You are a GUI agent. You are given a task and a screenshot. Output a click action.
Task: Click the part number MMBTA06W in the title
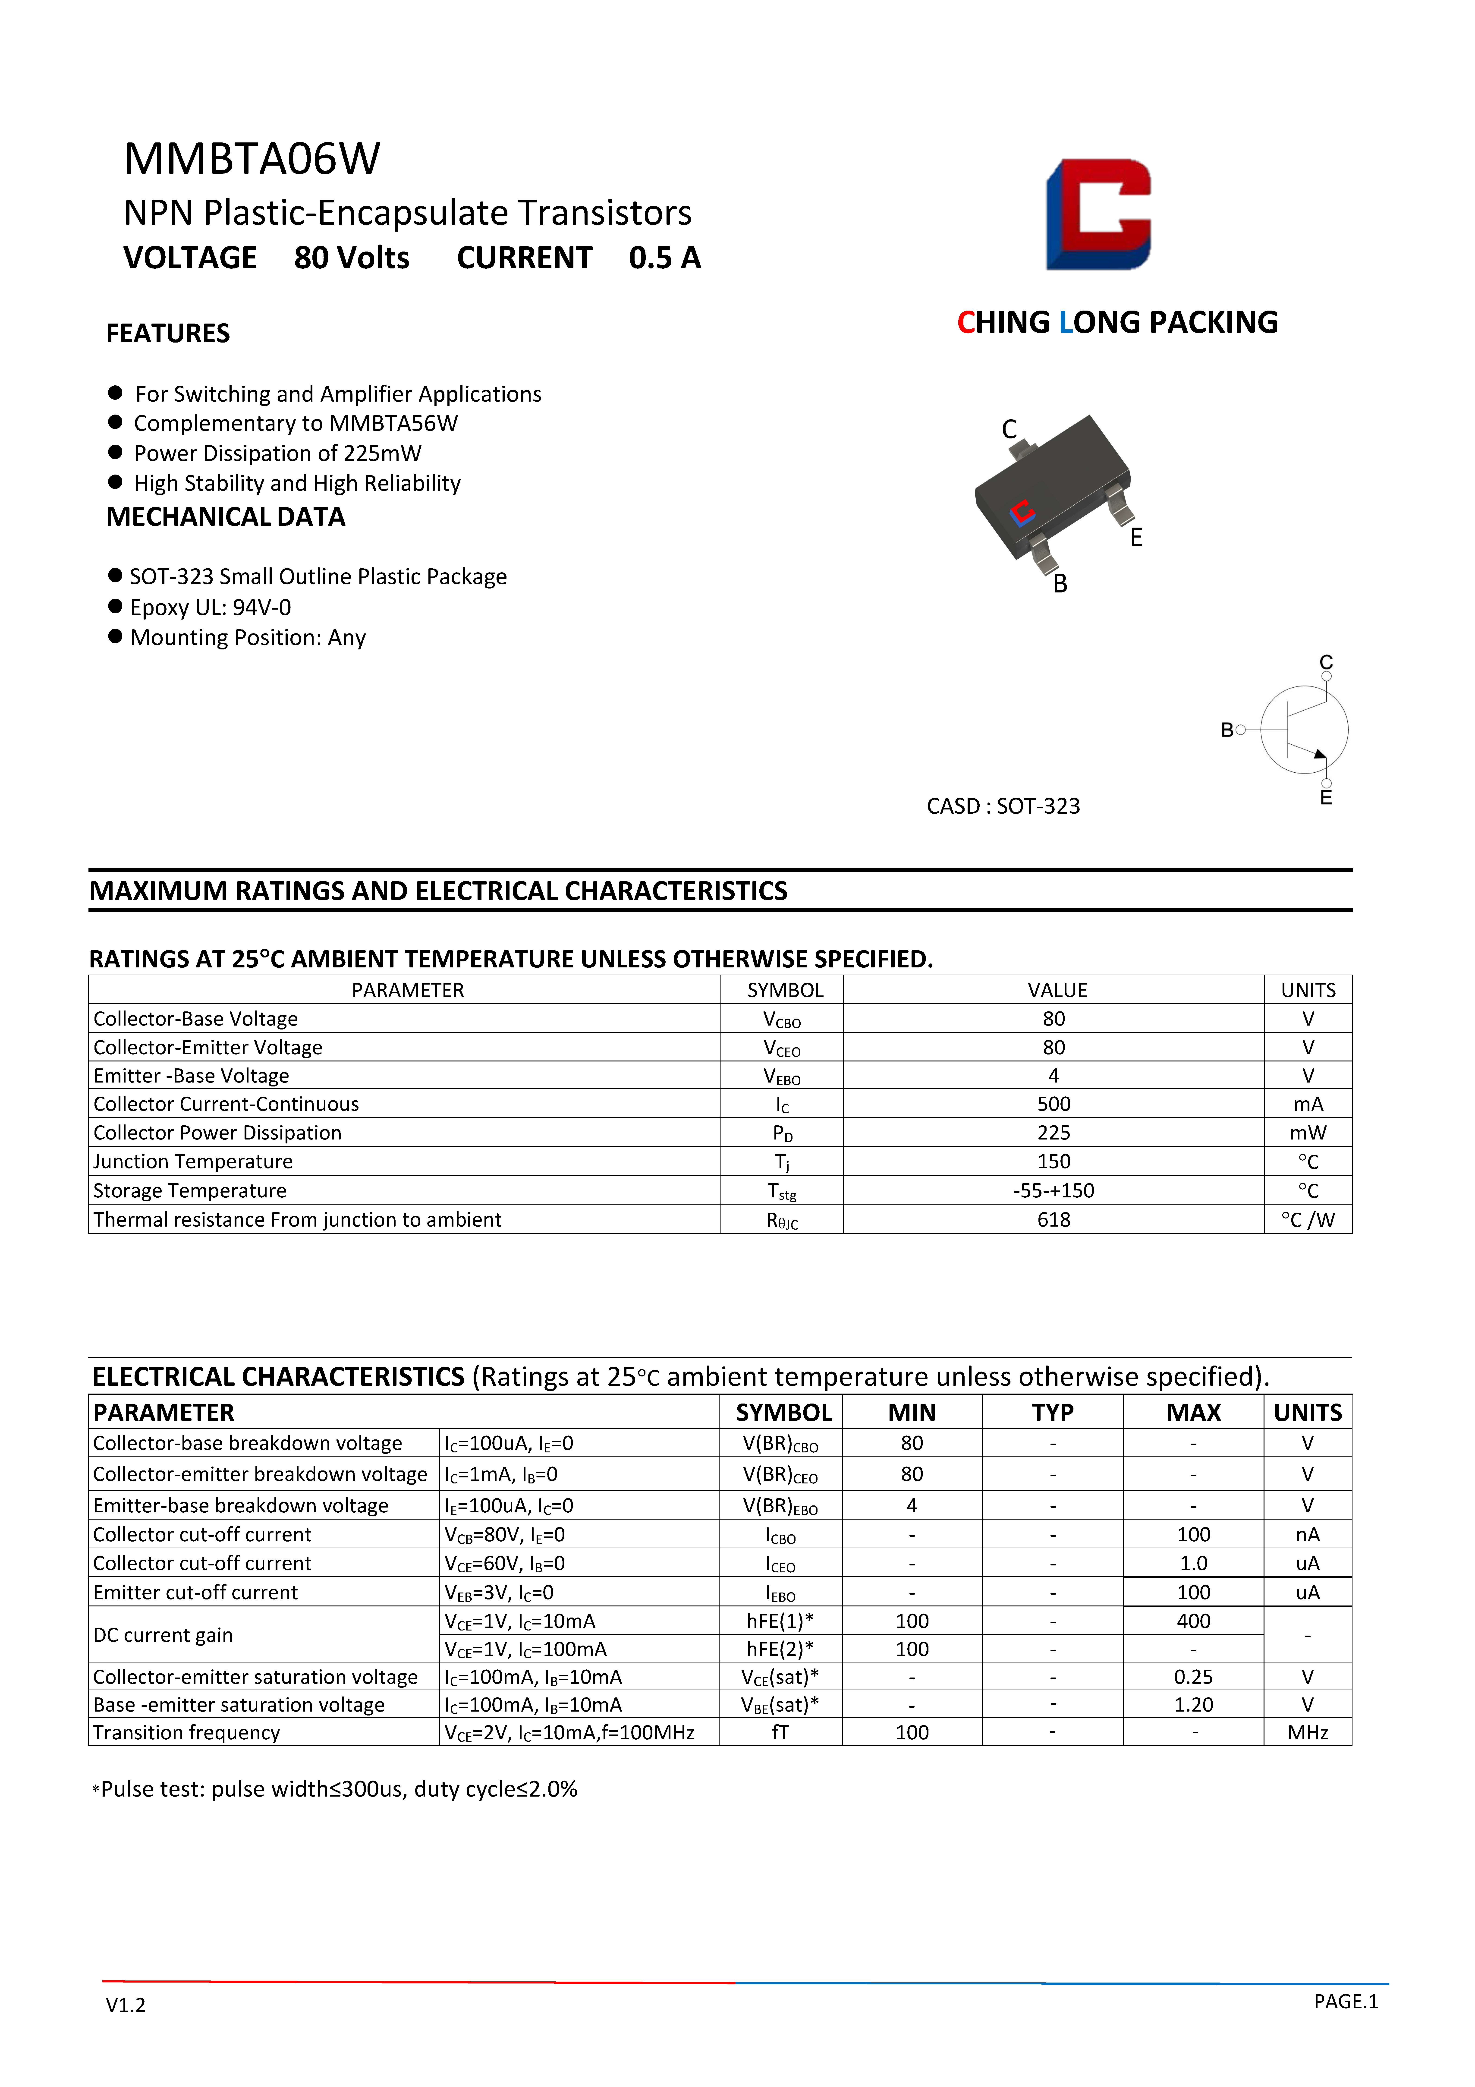pyautogui.click(x=252, y=159)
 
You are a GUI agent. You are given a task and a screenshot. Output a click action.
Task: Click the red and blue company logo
pyautogui.click(x=1098, y=214)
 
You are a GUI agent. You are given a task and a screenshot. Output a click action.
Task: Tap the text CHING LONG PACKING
pyautogui.click(x=1117, y=323)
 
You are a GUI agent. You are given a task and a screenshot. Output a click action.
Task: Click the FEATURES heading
pyautogui.click(x=168, y=334)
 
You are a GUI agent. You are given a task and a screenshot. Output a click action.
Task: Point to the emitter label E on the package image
pyautogui.click(x=1136, y=538)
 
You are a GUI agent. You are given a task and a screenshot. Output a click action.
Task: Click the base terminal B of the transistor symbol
pyautogui.click(x=1228, y=730)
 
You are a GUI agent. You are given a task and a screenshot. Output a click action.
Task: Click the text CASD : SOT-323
pyautogui.click(x=1003, y=806)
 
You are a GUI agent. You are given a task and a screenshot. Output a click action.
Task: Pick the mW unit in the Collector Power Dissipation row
pyautogui.click(x=1308, y=1133)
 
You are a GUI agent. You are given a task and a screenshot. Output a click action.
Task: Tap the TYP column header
pyautogui.click(x=1052, y=1413)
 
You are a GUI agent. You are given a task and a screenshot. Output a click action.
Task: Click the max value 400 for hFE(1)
pyautogui.click(x=1193, y=1622)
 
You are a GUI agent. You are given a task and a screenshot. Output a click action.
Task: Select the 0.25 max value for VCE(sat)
pyautogui.click(x=1193, y=1677)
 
